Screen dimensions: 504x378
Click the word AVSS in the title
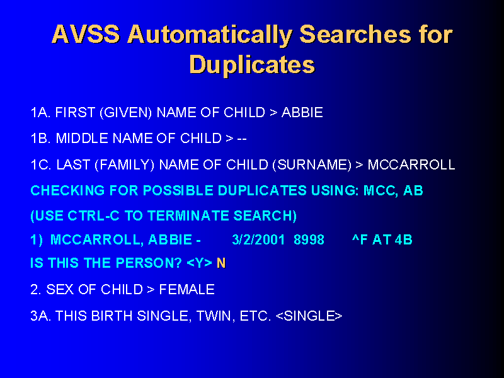pos(86,34)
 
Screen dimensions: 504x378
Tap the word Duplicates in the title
pos(252,65)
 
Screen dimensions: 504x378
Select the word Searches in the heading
pos(355,34)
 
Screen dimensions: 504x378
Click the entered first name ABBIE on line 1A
pos(302,113)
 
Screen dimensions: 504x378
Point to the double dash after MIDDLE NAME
pos(242,139)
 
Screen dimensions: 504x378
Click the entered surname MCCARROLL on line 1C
pos(411,165)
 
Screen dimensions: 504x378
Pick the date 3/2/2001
pos(258,240)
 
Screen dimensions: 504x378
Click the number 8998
pos(309,240)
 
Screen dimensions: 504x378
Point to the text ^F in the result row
pos(360,240)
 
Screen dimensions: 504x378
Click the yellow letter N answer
pos(221,263)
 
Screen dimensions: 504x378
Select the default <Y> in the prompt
pos(199,263)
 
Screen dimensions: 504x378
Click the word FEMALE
pos(186,290)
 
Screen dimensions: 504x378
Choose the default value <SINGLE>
pos(309,316)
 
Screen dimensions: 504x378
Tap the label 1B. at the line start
pos(40,139)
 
